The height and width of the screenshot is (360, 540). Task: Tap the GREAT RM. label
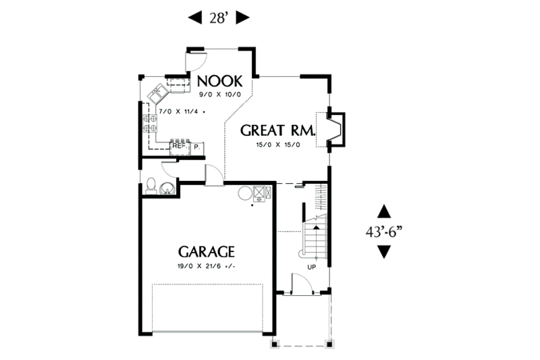point(270,130)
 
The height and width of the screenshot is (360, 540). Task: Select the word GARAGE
point(207,252)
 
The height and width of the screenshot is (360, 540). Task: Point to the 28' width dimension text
point(219,18)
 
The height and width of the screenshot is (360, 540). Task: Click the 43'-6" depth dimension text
point(384,231)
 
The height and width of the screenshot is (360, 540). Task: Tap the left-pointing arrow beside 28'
point(194,18)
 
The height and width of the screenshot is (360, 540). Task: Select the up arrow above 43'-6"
point(384,210)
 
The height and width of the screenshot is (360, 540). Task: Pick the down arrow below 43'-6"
point(384,252)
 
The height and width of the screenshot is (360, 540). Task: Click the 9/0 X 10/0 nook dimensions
point(219,95)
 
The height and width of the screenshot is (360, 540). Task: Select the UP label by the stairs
point(312,267)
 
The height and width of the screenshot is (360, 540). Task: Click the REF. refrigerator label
point(179,145)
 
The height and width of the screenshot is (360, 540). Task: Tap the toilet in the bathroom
point(151,185)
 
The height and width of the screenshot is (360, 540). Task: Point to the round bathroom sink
point(167,187)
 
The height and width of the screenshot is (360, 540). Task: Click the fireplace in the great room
point(335,128)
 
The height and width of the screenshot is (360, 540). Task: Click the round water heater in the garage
point(244,193)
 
